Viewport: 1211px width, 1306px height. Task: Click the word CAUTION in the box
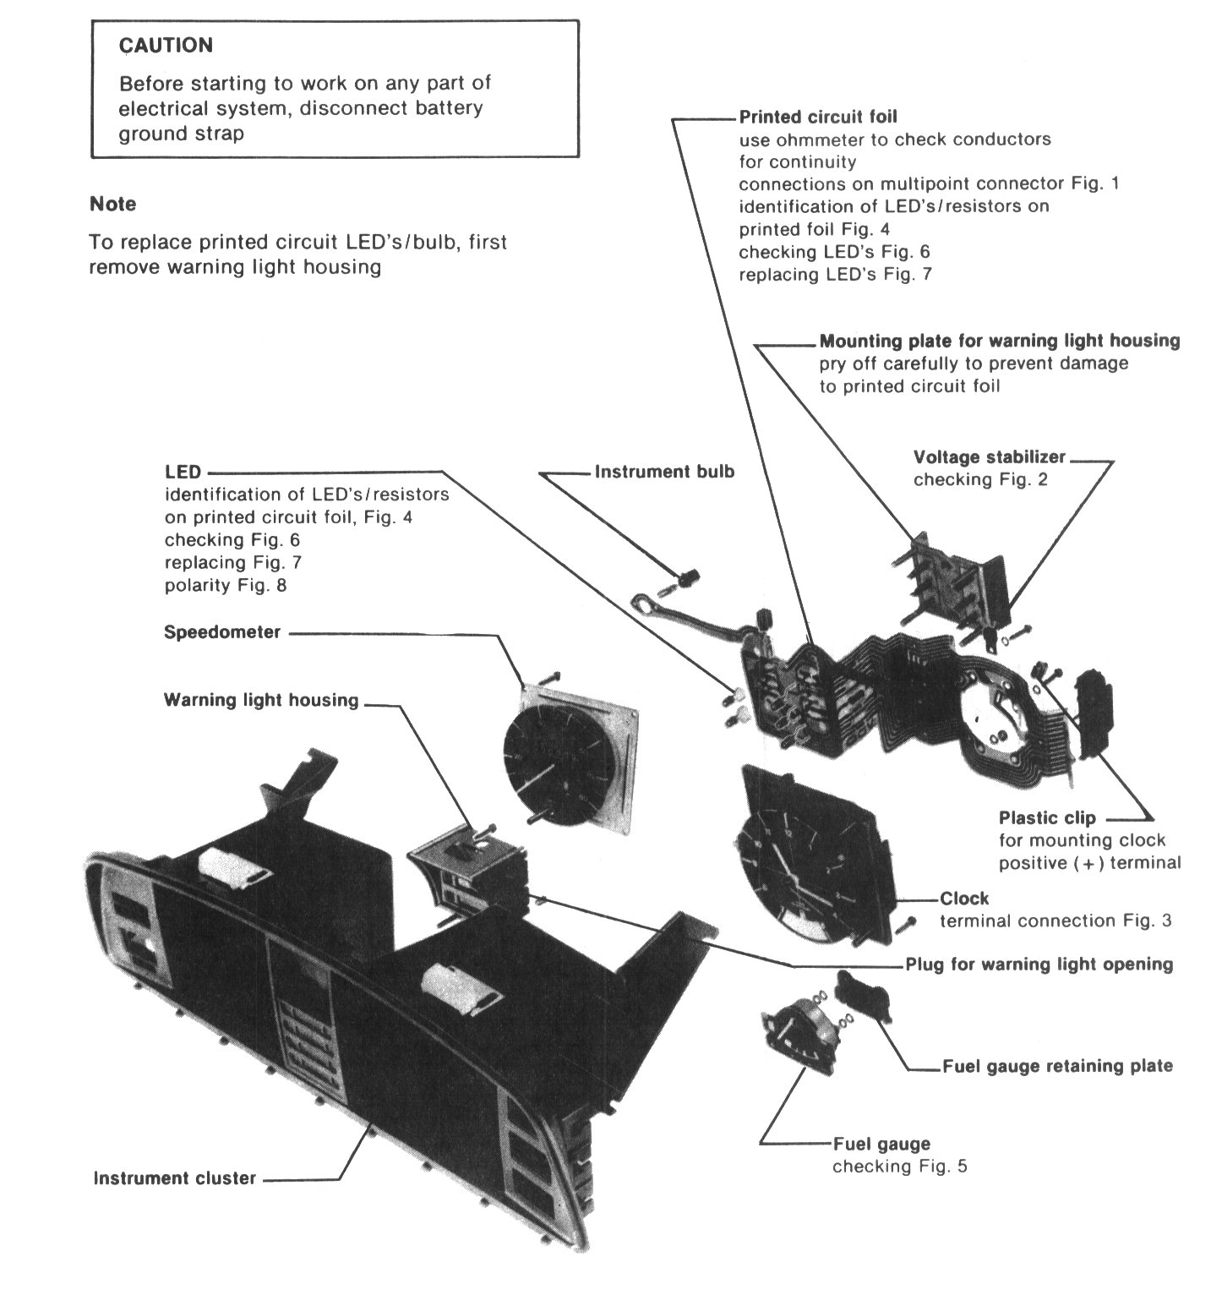pyautogui.click(x=166, y=45)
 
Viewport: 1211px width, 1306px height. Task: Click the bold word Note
pyautogui.click(x=112, y=204)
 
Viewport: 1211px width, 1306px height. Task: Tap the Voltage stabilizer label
pyautogui.click(x=990, y=457)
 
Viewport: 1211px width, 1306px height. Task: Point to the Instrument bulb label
pyautogui.click(x=664, y=472)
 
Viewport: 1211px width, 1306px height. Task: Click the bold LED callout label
pyautogui.click(x=183, y=472)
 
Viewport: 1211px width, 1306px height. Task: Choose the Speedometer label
pyautogui.click(x=222, y=631)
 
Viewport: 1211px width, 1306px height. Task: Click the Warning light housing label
pyautogui.click(x=261, y=700)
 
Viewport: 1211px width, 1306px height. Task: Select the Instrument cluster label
pyautogui.click(x=174, y=1178)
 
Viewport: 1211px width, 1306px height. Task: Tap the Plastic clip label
pyautogui.click(x=1047, y=817)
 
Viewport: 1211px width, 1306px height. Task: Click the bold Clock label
pyautogui.click(x=964, y=898)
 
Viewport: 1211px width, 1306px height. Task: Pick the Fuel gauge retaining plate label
pyautogui.click(x=1057, y=1065)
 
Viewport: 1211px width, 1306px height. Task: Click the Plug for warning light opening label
pyautogui.click(x=1039, y=964)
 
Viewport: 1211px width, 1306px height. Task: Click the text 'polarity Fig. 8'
pyautogui.click(x=226, y=585)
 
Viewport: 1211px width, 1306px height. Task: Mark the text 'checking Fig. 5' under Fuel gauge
pyautogui.click(x=900, y=1167)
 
